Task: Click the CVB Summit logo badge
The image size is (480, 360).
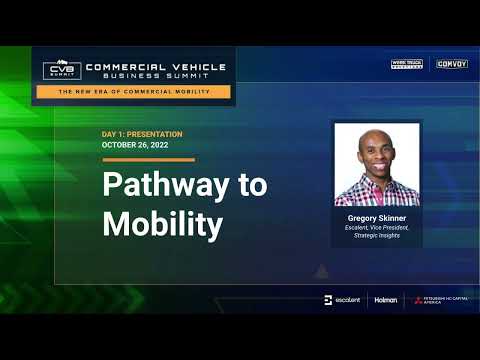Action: [x=62, y=70]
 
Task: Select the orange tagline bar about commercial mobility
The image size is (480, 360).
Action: [x=134, y=91]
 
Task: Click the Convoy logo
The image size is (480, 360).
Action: [x=452, y=64]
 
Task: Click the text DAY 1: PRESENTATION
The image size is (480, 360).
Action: [x=141, y=134]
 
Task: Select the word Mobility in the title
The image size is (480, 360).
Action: [x=162, y=224]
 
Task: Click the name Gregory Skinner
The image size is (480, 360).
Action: [x=376, y=216]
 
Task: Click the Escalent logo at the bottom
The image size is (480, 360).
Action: [x=342, y=300]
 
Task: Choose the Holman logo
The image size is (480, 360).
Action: [x=385, y=300]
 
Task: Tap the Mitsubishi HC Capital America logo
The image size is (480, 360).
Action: [x=440, y=300]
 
